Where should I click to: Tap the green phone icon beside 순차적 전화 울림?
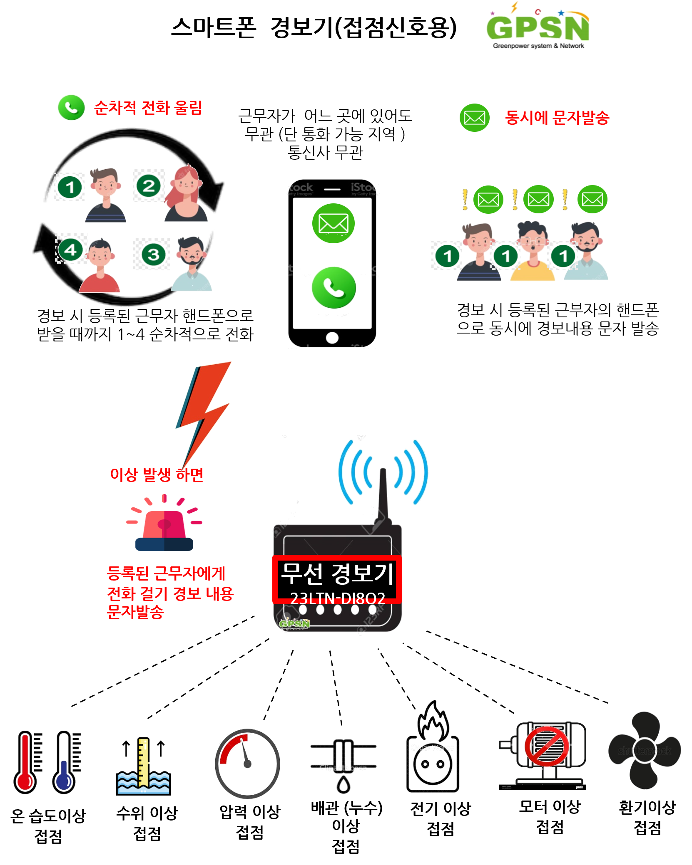tap(71, 107)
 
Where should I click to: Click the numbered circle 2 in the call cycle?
tap(149, 186)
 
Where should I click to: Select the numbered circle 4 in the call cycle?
tap(70, 250)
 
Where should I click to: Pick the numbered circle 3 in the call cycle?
tap(153, 255)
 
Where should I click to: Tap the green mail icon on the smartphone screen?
tap(333, 223)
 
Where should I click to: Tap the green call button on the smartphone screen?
tap(334, 288)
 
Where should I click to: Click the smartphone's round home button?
tap(332, 338)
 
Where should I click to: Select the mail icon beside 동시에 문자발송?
tap(474, 118)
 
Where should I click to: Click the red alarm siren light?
tap(164, 526)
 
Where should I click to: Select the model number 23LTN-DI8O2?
tap(337, 598)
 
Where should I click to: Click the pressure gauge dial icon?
tap(247, 764)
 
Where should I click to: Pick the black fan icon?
tap(645, 750)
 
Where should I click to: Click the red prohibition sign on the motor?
tap(547, 746)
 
